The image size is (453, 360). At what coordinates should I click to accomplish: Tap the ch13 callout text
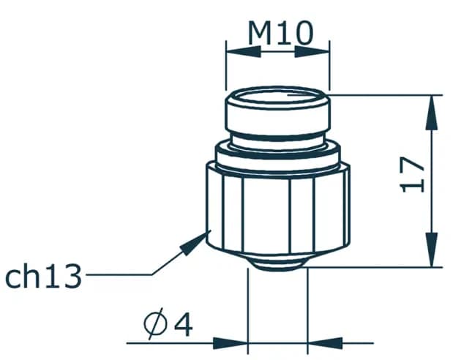click(x=43, y=277)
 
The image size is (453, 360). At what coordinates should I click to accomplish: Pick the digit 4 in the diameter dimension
click(x=183, y=323)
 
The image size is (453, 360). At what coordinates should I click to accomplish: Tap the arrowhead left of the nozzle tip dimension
click(x=231, y=342)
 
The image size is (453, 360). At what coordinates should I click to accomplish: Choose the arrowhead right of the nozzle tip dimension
click(x=325, y=342)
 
